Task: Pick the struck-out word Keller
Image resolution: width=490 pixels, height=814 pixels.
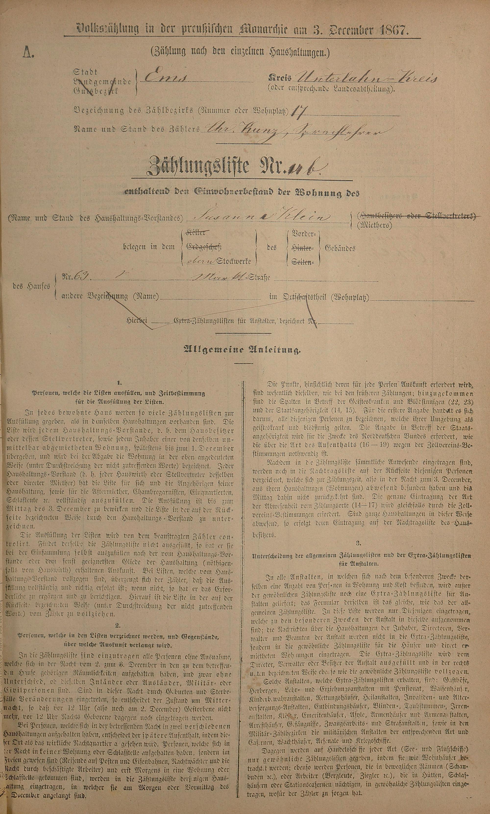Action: pyautogui.click(x=198, y=233)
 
